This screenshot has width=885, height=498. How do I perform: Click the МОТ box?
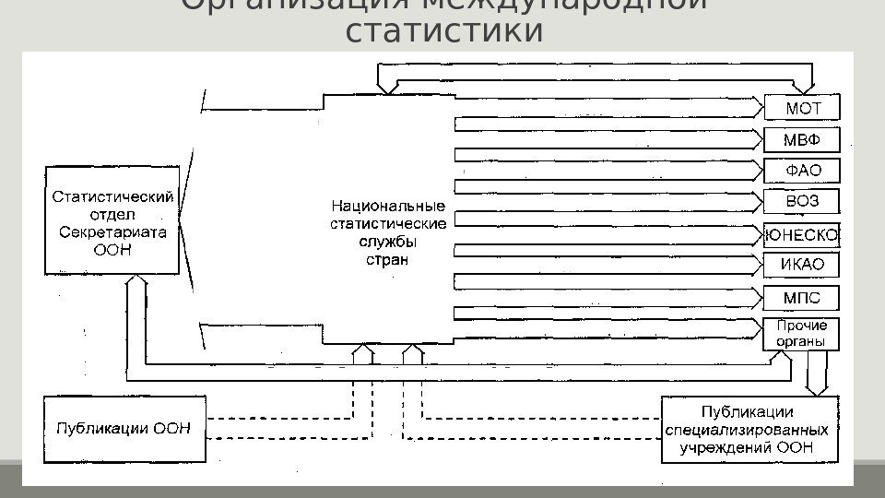click(x=802, y=108)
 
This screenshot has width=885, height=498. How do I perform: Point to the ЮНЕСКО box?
click(x=801, y=235)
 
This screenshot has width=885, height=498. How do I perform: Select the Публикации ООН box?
click(x=124, y=428)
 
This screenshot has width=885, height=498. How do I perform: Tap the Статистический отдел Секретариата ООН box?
click(x=112, y=221)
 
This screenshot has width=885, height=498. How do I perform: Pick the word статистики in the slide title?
click(x=443, y=31)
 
